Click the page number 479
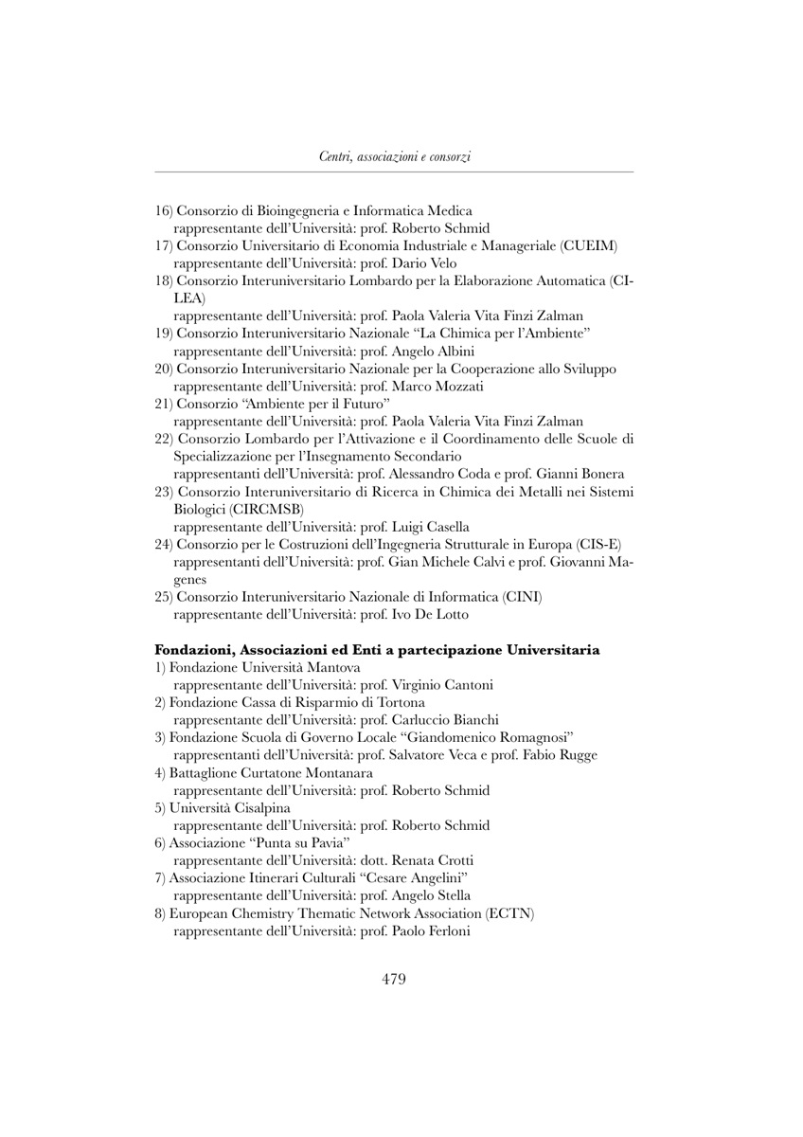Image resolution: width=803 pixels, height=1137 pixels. coord(394,979)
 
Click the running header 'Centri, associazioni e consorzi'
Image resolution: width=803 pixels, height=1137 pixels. coord(395,157)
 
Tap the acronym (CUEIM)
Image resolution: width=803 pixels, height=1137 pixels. coord(589,246)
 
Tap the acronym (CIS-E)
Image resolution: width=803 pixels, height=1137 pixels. coord(598,544)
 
